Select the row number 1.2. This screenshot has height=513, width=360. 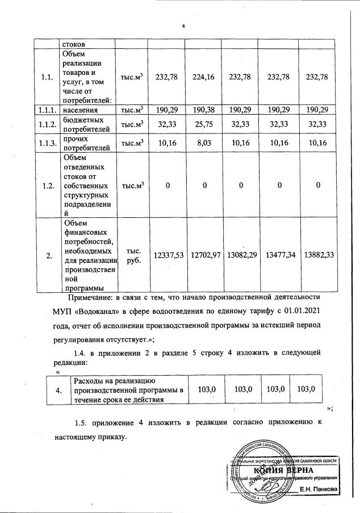click(47, 184)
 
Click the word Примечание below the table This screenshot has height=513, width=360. click(90, 297)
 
